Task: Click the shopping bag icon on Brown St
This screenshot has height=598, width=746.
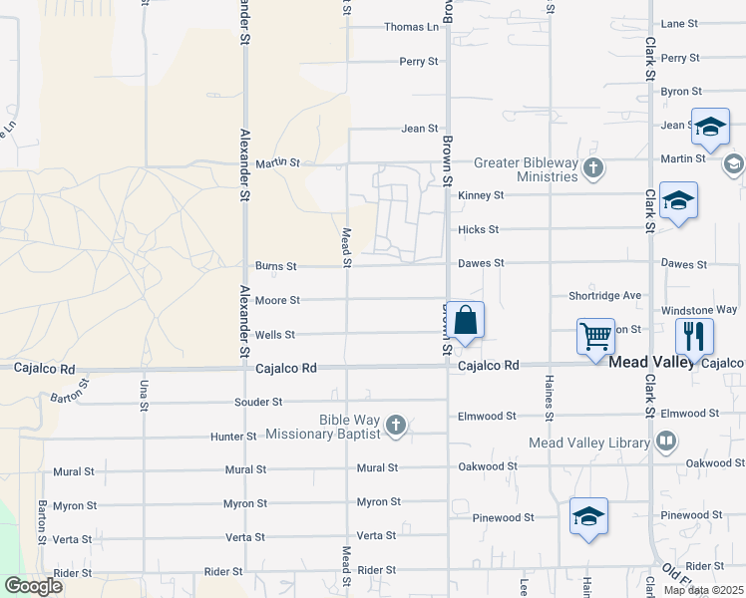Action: point(466,321)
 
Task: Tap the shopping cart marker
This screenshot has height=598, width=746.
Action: point(595,336)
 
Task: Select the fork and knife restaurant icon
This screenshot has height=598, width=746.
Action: point(694,335)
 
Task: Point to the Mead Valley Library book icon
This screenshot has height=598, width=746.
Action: point(667,442)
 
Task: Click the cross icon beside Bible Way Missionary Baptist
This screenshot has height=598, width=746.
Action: point(396,427)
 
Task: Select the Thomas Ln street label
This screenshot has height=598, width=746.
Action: point(411,27)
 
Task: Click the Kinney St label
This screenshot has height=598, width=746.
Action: point(481,195)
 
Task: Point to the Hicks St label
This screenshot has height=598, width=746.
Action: point(478,229)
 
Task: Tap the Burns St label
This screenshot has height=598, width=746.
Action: point(276,266)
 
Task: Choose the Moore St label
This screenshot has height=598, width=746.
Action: point(277,300)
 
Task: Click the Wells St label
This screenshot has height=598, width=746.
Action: point(275,335)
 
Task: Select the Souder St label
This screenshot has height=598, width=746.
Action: point(258,403)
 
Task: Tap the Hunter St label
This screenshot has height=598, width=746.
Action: point(233,437)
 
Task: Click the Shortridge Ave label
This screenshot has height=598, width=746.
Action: point(604,296)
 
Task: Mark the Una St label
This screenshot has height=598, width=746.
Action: point(144,396)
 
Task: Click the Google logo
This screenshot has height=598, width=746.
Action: point(33,586)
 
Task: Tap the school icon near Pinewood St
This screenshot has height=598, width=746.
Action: point(588,516)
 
